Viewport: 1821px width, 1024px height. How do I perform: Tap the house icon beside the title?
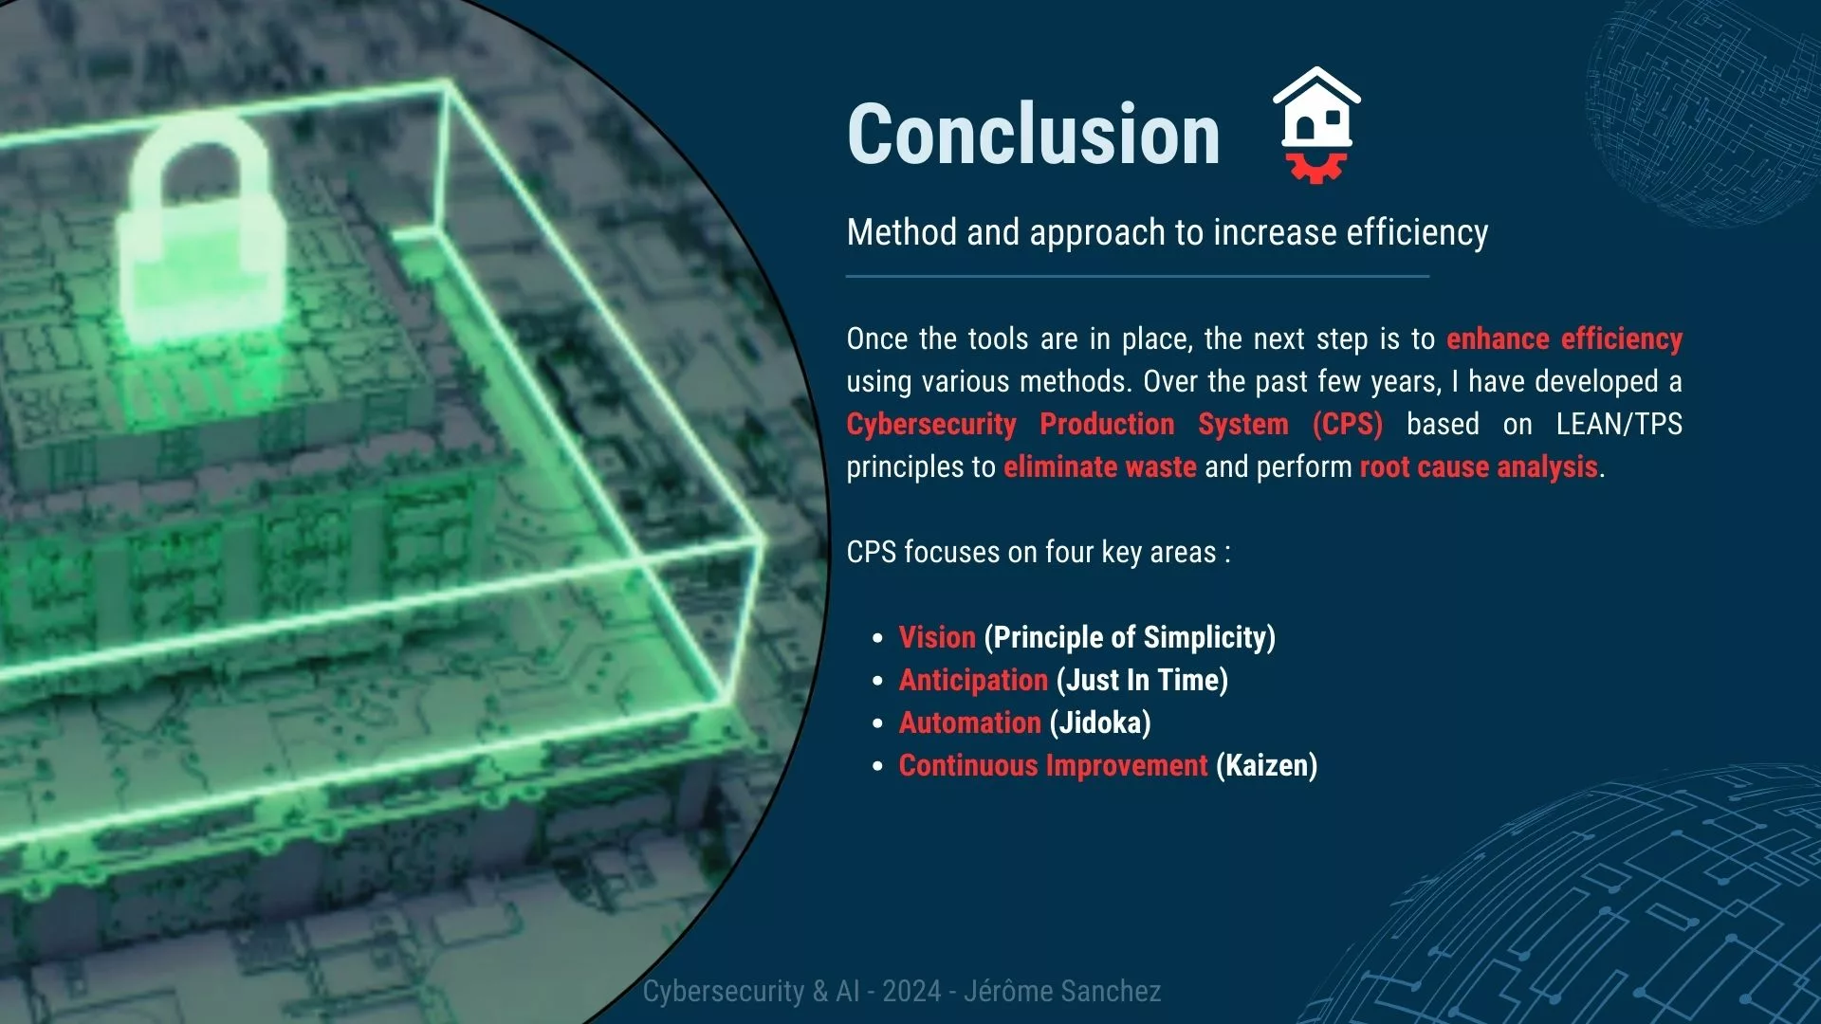point(1316,106)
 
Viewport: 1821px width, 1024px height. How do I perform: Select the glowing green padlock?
point(201,232)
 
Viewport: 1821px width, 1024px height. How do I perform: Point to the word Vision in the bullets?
point(937,637)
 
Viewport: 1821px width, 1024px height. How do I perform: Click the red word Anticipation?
point(973,680)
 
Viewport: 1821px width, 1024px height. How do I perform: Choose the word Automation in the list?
point(970,722)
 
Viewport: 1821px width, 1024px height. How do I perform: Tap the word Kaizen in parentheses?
point(1267,765)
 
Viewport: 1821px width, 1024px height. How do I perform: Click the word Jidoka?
point(1100,722)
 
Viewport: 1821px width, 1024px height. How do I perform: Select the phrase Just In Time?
point(1142,680)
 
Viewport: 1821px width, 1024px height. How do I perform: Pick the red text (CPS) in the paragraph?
point(1348,424)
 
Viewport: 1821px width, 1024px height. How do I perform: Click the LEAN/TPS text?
point(1619,424)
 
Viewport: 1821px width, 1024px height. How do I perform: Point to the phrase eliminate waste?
point(1100,466)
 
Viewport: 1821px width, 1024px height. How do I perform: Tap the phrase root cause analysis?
point(1479,466)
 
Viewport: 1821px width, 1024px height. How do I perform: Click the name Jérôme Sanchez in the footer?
point(1062,991)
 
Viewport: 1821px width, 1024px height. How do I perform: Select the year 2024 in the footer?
point(911,991)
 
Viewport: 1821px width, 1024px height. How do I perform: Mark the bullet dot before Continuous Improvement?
point(878,766)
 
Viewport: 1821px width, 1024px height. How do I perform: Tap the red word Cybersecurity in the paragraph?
point(931,424)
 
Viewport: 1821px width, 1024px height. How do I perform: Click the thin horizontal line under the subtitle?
point(1137,277)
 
